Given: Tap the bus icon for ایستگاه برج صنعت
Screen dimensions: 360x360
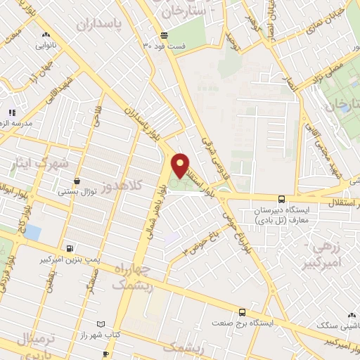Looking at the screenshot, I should coord(243,312).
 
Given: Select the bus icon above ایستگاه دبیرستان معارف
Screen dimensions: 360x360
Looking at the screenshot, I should coord(281,199).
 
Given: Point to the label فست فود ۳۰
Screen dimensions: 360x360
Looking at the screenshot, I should coord(165,46).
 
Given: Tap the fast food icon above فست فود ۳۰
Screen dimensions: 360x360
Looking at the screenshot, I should coord(164,35).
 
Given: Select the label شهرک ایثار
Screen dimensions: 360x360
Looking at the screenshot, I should coord(41,162).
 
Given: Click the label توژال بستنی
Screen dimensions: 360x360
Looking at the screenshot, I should coord(77,191).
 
